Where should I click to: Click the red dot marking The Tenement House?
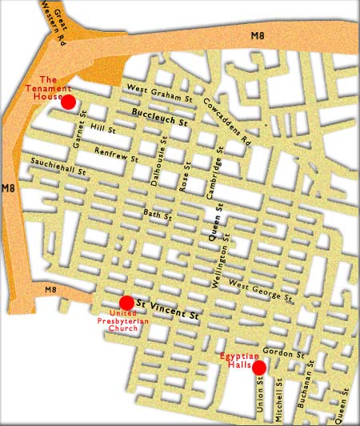pos(68,102)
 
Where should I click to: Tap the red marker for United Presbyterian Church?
pos(126,303)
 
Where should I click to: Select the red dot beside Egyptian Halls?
pos(258,368)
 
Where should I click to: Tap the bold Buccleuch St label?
pos(158,120)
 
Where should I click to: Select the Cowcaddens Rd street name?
pos(227,127)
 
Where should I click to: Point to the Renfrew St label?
pos(117,155)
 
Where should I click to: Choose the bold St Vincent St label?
pos(166,309)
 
